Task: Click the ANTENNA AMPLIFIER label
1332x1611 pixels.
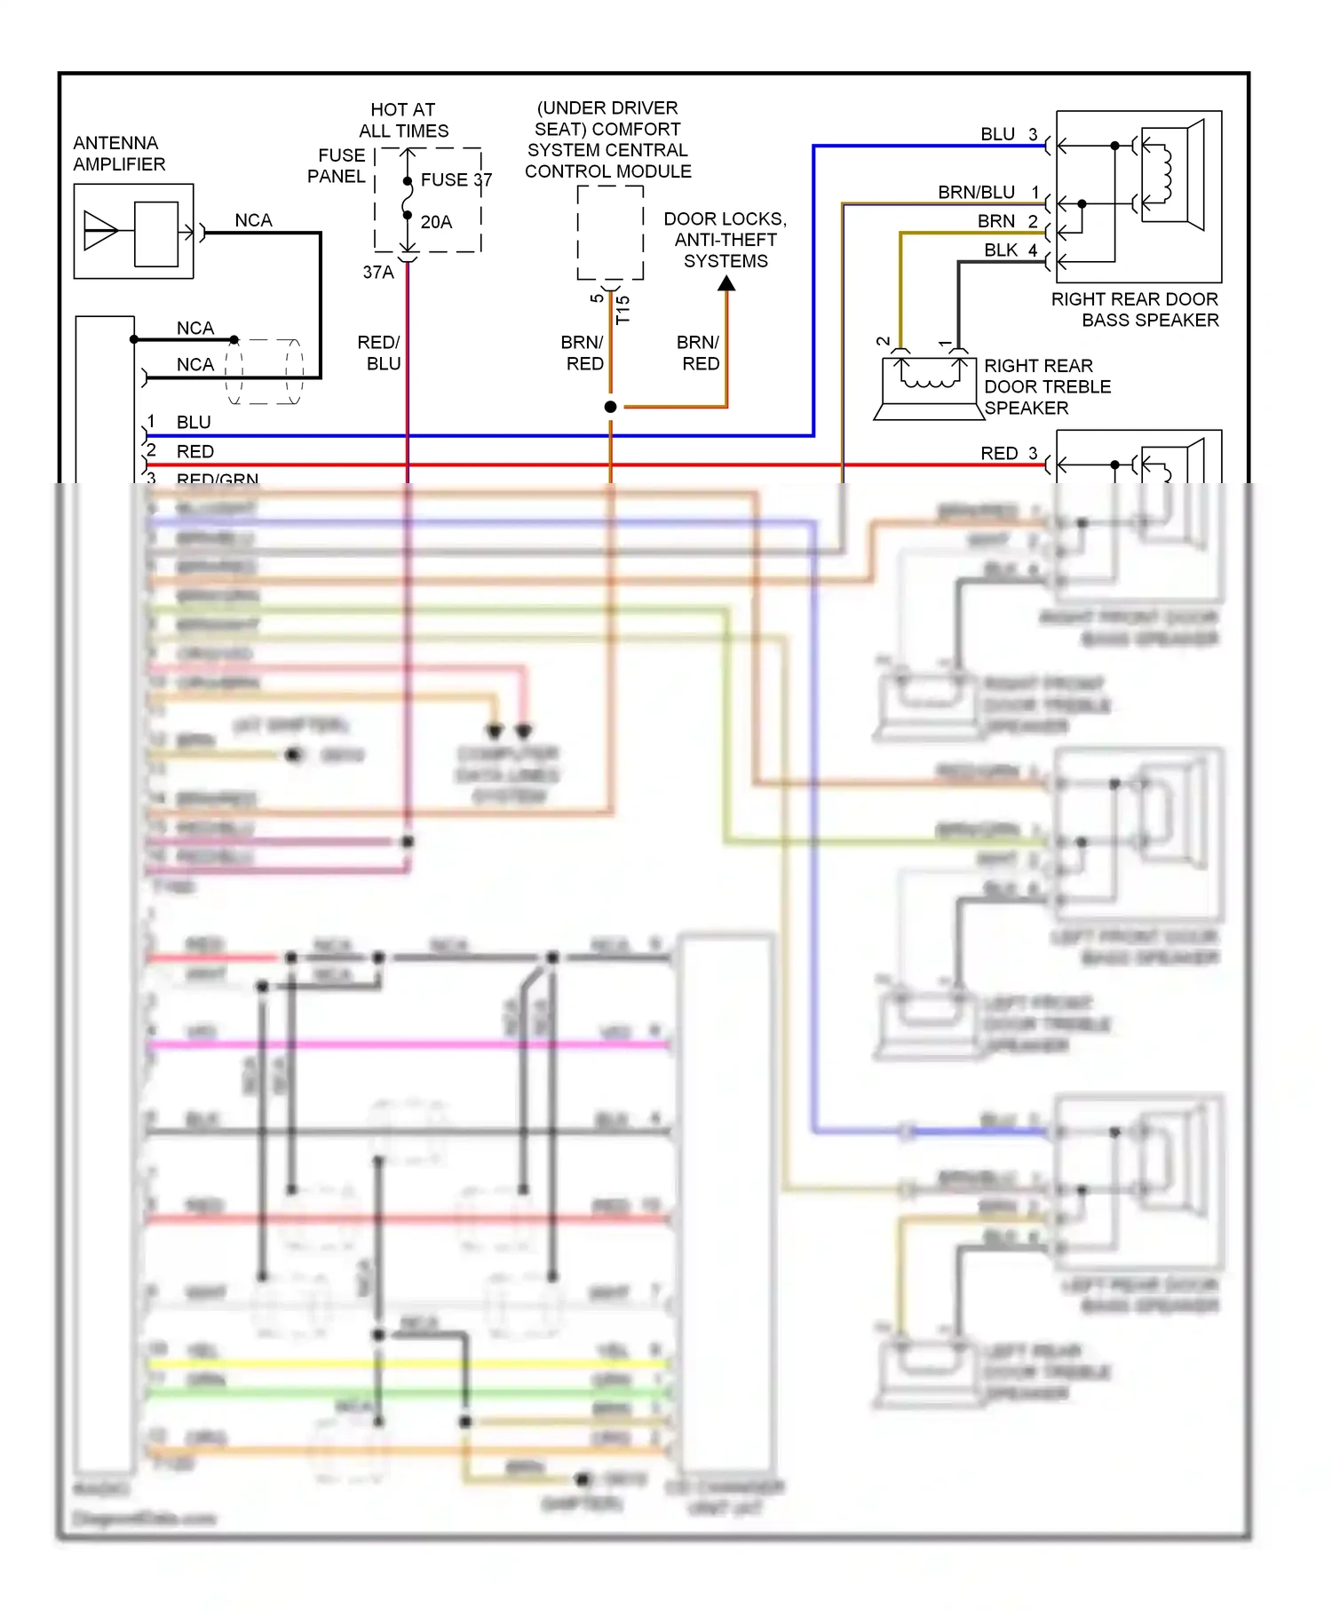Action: coord(119,154)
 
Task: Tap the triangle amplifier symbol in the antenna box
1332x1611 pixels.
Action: coord(99,231)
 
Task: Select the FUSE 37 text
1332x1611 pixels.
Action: coord(456,180)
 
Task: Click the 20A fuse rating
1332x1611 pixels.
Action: coord(436,222)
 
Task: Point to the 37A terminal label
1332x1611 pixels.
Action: coord(377,273)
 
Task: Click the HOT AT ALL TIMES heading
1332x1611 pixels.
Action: coord(403,120)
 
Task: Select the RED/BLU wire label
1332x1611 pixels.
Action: coord(380,353)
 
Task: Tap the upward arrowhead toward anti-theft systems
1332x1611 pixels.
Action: coord(726,284)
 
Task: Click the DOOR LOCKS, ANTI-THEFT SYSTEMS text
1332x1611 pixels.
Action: coord(725,240)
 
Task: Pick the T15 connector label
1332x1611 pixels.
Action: coord(622,309)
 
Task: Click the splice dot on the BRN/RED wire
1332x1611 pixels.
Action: coord(610,407)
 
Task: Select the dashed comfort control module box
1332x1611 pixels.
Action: coord(610,233)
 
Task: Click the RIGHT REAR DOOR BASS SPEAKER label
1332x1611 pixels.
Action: coord(1135,309)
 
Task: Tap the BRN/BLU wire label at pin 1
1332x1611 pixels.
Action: coord(976,193)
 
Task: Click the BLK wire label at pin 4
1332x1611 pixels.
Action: coord(1000,250)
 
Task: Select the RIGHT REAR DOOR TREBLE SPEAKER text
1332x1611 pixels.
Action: coord(1046,387)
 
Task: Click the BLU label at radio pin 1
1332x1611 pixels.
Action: coord(194,423)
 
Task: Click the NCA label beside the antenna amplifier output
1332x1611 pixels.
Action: coord(253,220)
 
